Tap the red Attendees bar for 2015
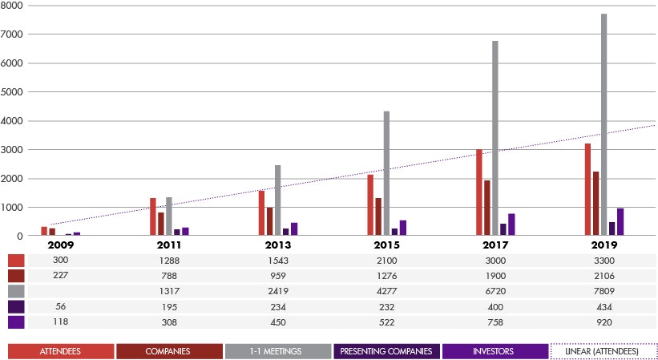pyautogui.click(x=370, y=205)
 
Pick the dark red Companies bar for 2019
pyautogui.click(x=596, y=204)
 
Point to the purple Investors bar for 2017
pyautogui.click(x=511, y=224)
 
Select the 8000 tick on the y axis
pyautogui.click(x=11, y=6)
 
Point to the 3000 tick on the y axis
pyautogui.click(x=11, y=150)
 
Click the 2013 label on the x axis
pyautogui.click(x=277, y=245)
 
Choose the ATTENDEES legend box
pyautogui.click(x=61, y=351)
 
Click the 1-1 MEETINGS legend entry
pyautogui.click(x=278, y=351)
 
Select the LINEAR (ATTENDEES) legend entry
pyautogui.click(x=604, y=351)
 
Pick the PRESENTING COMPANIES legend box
pyautogui.click(x=386, y=351)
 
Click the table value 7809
pyautogui.click(x=604, y=291)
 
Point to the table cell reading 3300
pyautogui.click(x=604, y=261)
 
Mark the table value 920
pyautogui.click(x=604, y=322)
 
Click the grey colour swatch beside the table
pyautogui.click(x=16, y=291)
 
